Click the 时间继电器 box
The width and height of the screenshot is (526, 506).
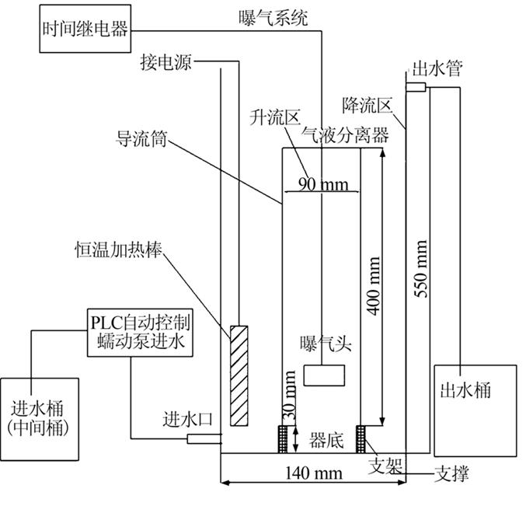click(85, 30)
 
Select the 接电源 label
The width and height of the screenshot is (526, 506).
click(165, 60)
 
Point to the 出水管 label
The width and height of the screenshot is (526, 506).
click(437, 69)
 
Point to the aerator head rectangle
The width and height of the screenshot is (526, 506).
click(326, 375)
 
